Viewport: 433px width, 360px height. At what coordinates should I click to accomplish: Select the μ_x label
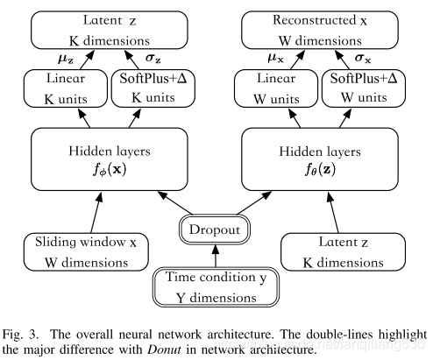point(276,59)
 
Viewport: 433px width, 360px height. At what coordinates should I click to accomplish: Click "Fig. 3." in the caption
point(21,335)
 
